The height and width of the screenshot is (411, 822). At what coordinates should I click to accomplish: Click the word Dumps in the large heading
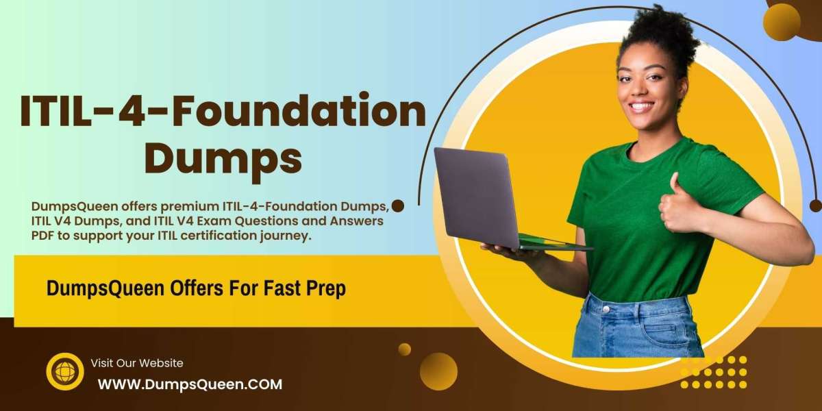pyautogui.click(x=223, y=161)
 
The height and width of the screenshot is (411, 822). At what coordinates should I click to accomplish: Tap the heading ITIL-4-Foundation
pyautogui.click(x=223, y=110)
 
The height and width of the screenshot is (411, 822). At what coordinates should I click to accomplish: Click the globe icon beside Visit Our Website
pyautogui.click(x=65, y=371)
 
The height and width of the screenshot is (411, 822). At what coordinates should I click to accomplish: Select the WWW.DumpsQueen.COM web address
pyautogui.click(x=190, y=384)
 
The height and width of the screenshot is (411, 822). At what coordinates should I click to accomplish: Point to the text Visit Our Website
pyautogui.click(x=137, y=363)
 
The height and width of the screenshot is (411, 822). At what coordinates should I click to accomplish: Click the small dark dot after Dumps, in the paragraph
pyautogui.click(x=398, y=206)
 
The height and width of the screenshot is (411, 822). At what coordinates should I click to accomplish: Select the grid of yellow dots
pyautogui.click(x=713, y=372)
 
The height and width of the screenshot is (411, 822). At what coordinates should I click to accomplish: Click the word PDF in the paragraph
pyautogui.click(x=42, y=236)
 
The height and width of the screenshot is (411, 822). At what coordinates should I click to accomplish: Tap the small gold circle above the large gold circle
pyautogui.click(x=405, y=349)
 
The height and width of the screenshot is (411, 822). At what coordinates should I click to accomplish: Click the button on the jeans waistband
pyautogui.click(x=606, y=310)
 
